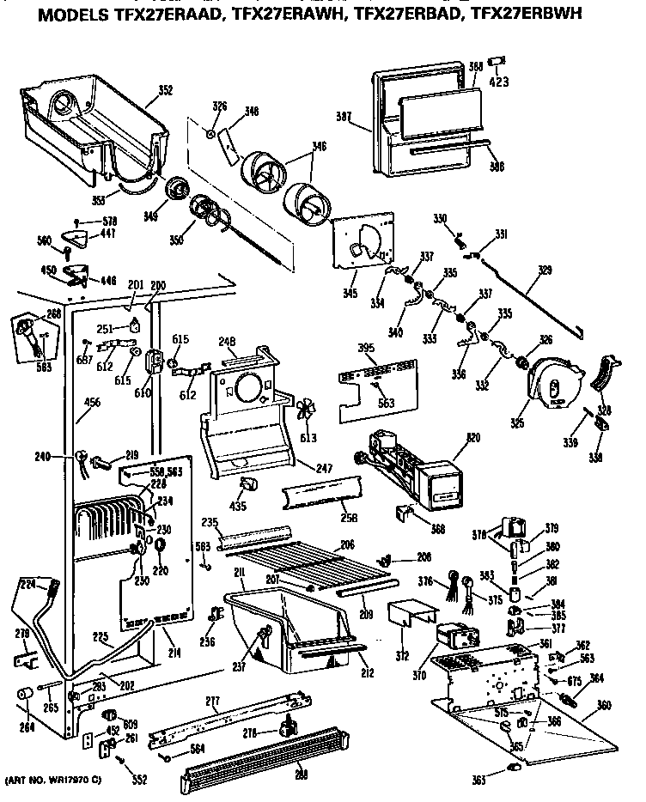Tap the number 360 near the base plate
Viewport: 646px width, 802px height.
coord(605,705)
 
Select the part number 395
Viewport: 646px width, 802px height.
coord(367,348)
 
